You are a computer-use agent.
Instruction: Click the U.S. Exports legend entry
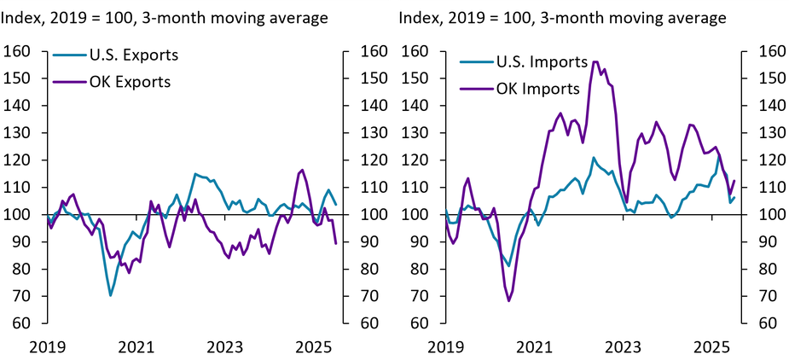(x=132, y=56)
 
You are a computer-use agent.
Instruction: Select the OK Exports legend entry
(x=130, y=82)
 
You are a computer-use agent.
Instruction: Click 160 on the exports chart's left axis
(x=18, y=51)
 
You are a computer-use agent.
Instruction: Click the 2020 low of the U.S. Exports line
(x=111, y=295)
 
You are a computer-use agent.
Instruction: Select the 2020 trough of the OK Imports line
(x=509, y=300)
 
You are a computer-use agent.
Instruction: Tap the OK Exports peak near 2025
(x=302, y=170)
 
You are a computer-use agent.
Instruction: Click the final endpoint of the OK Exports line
(x=335, y=243)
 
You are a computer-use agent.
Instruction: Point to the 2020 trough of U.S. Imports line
(x=509, y=265)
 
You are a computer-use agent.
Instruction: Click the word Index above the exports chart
(x=21, y=17)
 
